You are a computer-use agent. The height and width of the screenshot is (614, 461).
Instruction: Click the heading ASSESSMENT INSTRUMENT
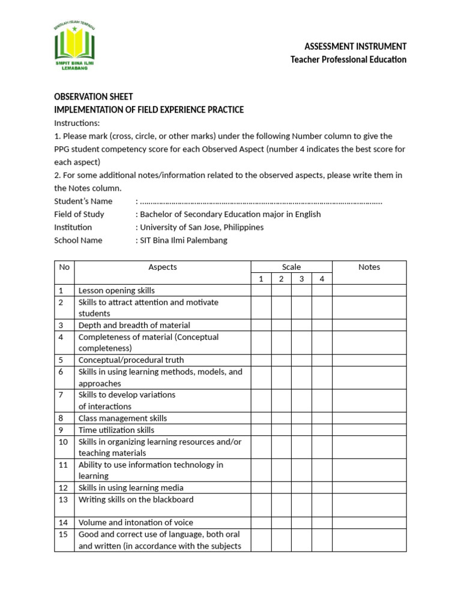(x=355, y=46)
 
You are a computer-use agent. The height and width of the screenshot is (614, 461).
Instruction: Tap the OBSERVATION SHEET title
(x=94, y=97)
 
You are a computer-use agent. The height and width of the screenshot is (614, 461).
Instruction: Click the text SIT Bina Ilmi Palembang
(x=184, y=240)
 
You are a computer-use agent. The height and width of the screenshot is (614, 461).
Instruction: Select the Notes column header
(x=369, y=267)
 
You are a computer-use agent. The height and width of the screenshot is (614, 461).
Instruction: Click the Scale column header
(x=291, y=267)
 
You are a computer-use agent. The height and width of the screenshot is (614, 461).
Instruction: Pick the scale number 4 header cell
(x=322, y=279)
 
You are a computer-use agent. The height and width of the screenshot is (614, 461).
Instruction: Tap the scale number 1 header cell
(x=261, y=279)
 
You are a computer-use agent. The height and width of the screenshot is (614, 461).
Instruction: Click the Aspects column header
(x=163, y=267)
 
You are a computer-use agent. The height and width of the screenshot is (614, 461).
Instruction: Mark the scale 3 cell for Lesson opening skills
(x=301, y=290)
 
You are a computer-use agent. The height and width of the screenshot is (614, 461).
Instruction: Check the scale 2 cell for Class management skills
(x=281, y=418)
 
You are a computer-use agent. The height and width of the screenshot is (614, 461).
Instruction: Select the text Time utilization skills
(x=116, y=430)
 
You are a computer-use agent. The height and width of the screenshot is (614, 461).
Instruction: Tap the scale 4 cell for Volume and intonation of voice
(x=322, y=522)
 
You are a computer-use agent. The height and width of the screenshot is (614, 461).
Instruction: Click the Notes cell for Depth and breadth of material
(x=369, y=325)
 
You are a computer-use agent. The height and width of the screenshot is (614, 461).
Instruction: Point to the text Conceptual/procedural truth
(x=131, y=360)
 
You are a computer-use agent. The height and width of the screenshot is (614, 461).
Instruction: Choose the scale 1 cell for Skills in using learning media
(x=261, y=487)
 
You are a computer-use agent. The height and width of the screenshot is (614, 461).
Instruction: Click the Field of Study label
(x=79, y=214)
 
